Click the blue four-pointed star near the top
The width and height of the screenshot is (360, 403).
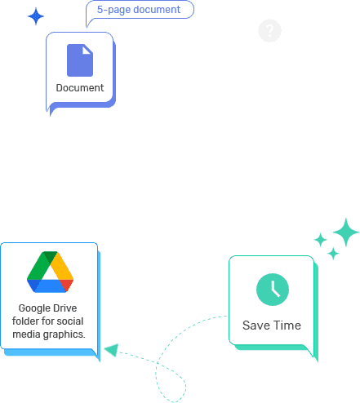(x=36, y=16)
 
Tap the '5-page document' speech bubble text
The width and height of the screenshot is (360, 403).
(x=139, y=10)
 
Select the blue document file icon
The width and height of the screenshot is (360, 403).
(x=80, y=60)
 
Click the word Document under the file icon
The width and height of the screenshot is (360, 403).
(x=80, y=88)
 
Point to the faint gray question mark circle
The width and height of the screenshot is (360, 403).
(x=269, y=30)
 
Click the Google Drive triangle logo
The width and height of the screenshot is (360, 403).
(x=50, y=272)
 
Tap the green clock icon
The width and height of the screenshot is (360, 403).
(x=273, y=290)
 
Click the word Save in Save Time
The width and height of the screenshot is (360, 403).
(x=256, y=325)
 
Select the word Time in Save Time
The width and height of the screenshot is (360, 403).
(x=287, y=325)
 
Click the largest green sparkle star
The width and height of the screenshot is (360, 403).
(x=346, y=232)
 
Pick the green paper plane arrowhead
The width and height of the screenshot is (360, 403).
(x=112, y=350)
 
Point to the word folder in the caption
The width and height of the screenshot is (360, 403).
(x=25, y=321)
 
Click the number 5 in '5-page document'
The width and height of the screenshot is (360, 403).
(x=100, y=10)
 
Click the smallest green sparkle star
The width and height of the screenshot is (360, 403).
(x=333, y=254)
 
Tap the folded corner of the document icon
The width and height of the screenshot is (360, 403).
(x=87, y=49)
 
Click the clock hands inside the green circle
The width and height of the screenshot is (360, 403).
(x=275, y=290)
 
